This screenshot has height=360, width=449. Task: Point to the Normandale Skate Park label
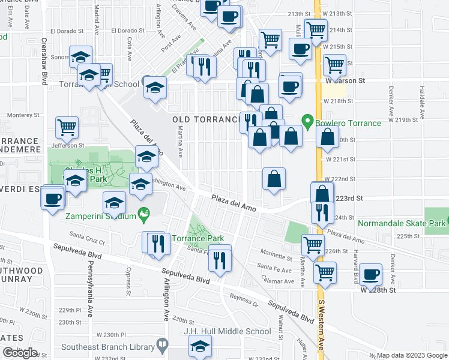(x=402, y=223)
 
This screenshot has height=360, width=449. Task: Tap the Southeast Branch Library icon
(x=161, y=344)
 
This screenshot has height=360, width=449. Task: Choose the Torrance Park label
(x=197, y=238)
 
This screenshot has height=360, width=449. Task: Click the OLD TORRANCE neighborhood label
(x=206, y=119)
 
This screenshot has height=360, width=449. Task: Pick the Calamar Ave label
(x=277, y=279)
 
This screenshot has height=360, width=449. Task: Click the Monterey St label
(x=23, y=115)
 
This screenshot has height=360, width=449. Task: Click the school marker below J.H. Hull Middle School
(x=200, y=345)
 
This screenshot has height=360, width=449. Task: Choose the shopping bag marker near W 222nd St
(x=274, y=178)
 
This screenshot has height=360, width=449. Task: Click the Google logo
(x=20, y=353)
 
